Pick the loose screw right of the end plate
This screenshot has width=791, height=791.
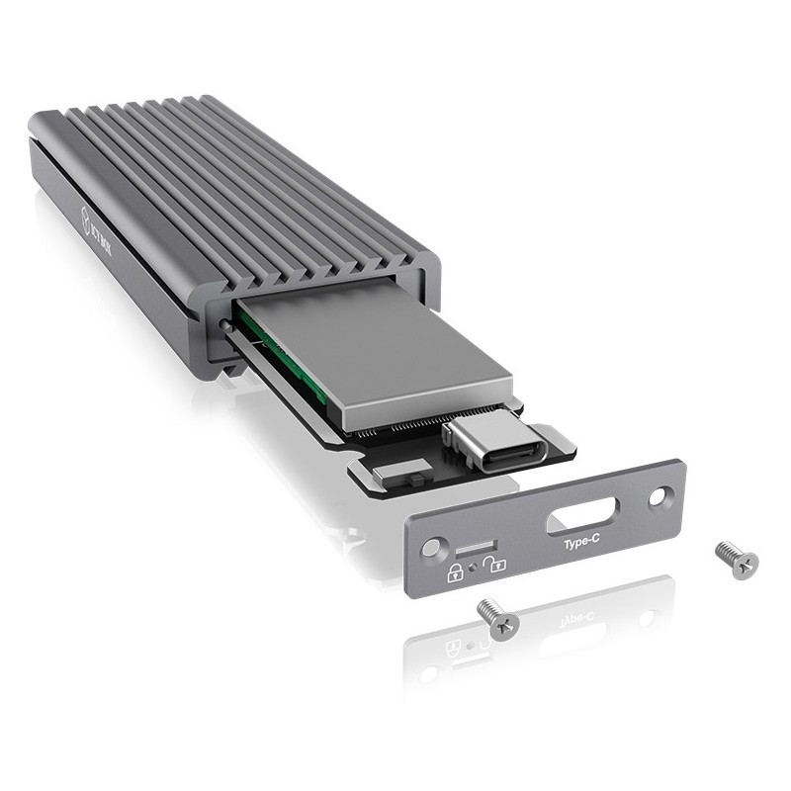[737, 559]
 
